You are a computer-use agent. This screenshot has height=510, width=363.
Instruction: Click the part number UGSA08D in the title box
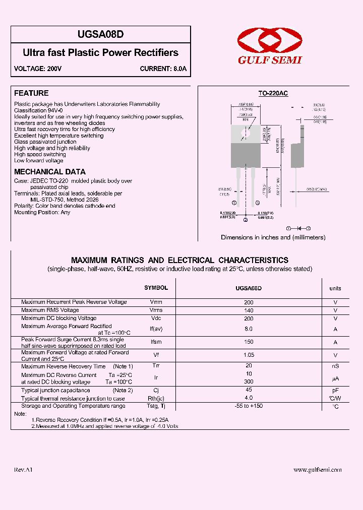coord(101,35)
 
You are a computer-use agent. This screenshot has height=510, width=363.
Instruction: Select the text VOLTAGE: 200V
coord(38,69)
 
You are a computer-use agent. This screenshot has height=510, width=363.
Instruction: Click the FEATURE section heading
coord(31,93)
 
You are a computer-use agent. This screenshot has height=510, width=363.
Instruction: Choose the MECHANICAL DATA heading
coord(50,172)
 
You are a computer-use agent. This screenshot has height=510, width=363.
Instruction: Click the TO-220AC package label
coord(273,93)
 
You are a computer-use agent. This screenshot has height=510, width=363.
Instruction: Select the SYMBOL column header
coord(156,288)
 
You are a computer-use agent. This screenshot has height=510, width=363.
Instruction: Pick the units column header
coord(335,288)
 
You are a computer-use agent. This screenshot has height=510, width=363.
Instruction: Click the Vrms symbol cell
coord(156,310)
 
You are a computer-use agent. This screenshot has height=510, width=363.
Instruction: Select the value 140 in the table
coord(249,310)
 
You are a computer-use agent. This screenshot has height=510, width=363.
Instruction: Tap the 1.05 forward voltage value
coord(249,355)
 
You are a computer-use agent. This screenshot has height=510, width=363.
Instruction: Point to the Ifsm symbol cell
coord(156,342)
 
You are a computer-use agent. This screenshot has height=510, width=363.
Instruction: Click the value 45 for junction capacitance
coord(249,390)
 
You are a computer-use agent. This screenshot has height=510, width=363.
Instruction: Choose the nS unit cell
coord(335,366)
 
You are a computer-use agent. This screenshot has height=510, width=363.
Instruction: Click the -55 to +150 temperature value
coord(249,406)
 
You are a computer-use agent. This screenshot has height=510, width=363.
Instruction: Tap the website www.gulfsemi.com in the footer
coord(317,470)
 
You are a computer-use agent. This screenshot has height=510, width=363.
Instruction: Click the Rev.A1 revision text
coord(23,470)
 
